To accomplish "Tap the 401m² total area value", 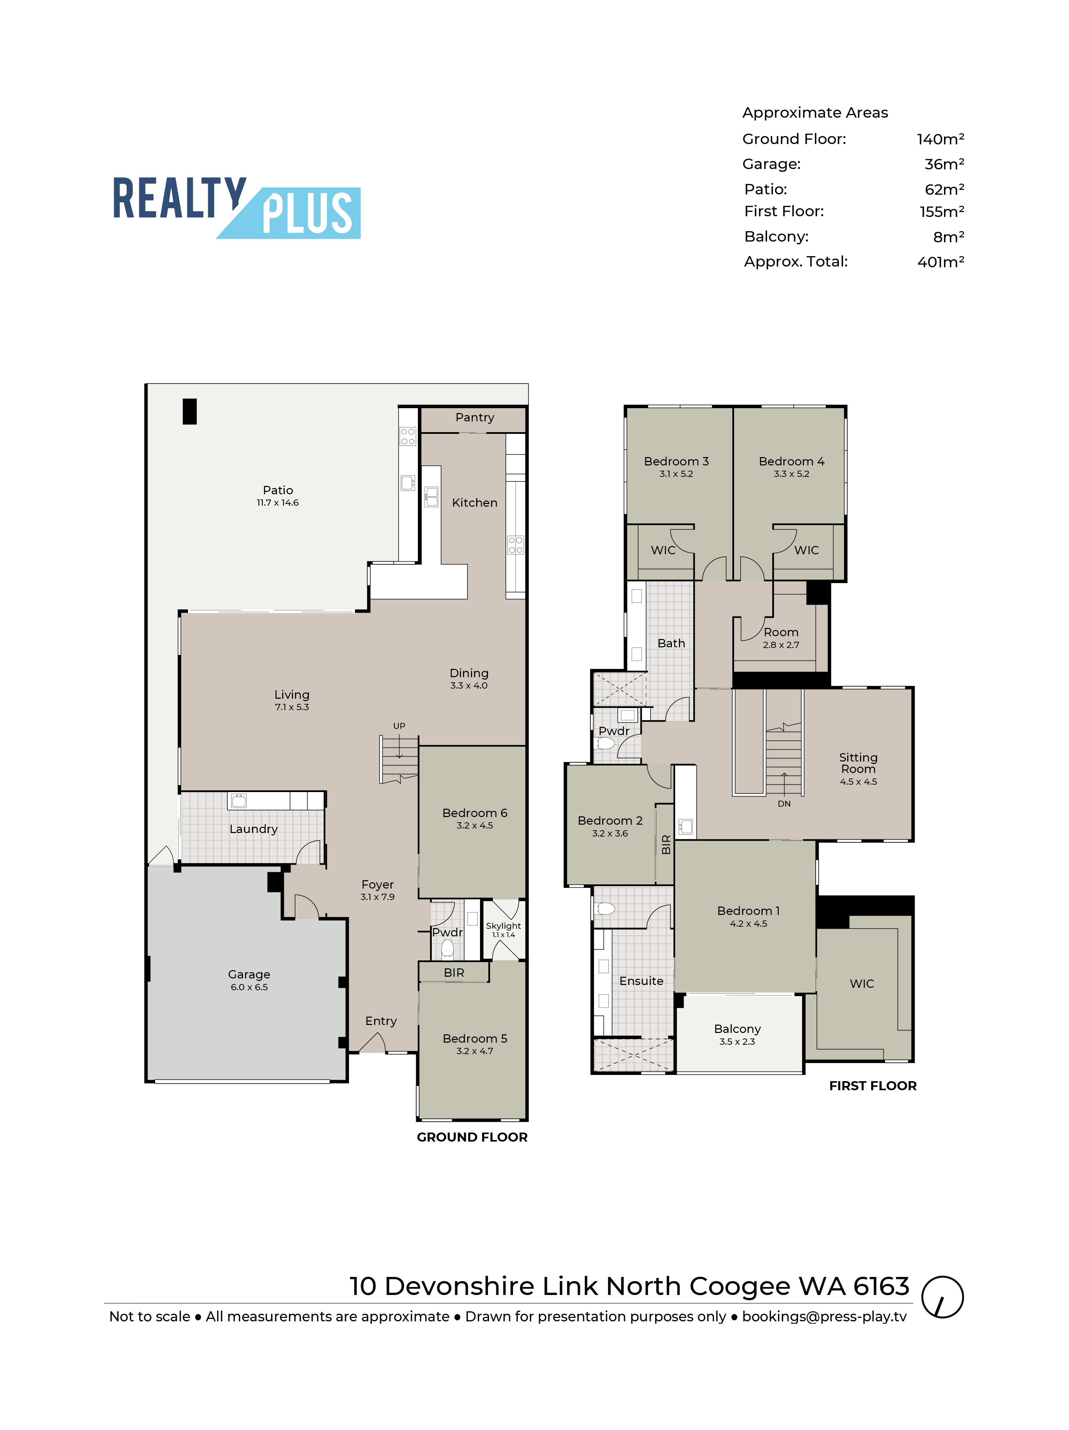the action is point(940,262).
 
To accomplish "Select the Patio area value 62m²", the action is point(944,190).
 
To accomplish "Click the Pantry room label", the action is point(474,418).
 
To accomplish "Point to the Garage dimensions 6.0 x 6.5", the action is point(249,987).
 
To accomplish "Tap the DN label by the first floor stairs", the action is point(784,804).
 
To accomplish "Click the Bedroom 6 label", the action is point(474,813).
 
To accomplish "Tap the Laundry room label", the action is point(253,829).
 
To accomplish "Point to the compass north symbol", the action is point(942,1297).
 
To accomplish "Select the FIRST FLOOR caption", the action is point(873,1086).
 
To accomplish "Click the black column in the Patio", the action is point(190,411).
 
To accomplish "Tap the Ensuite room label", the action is point(641,981).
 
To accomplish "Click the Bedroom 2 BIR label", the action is point(666,844).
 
